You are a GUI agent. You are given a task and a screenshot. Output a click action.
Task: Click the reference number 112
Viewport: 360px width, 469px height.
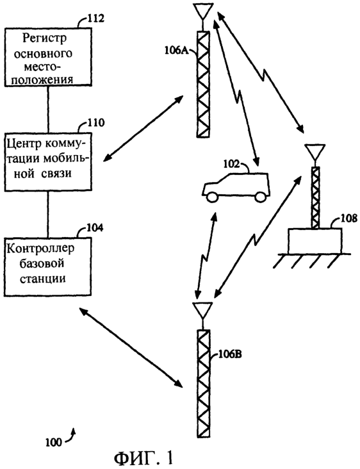click(95, 19)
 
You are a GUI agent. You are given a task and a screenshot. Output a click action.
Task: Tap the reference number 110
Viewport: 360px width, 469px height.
click(95, 123)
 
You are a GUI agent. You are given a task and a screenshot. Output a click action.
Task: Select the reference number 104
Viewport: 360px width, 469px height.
click(95, 227)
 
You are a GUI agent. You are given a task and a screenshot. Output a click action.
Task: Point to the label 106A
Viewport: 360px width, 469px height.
click(176, 50)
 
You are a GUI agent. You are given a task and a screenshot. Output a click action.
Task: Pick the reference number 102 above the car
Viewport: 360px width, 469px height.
click(232, 163)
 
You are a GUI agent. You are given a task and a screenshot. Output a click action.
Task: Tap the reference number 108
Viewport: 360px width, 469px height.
click(349, 218)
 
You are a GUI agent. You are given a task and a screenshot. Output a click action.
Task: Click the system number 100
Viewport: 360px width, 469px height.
click(54, 442)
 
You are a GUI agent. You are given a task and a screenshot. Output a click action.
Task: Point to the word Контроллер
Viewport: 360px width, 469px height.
click(40, 249)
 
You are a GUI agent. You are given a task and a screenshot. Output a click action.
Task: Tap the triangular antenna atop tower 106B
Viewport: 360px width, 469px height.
click(202, 310)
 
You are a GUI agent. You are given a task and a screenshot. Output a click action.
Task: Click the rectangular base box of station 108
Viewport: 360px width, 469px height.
click(315, 241)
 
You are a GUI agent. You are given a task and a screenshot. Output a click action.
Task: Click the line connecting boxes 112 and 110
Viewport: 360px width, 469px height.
click(48, 110)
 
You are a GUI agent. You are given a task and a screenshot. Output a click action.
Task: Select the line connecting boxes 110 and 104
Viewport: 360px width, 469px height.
click(48, 215)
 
